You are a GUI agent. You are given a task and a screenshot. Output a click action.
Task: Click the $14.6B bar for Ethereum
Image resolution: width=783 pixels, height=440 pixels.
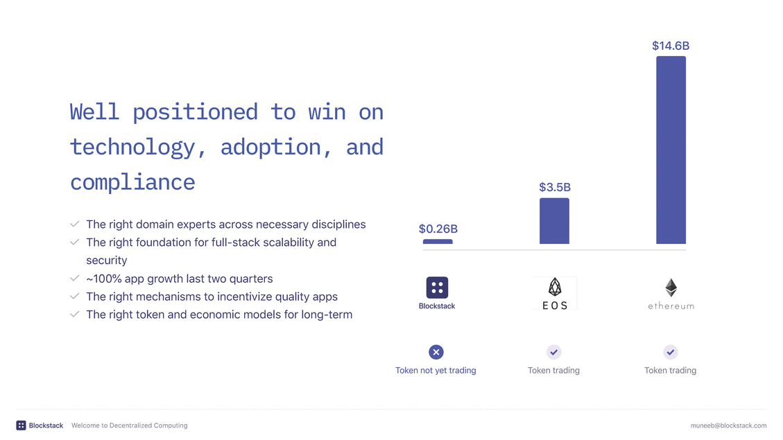[x=671, y=150]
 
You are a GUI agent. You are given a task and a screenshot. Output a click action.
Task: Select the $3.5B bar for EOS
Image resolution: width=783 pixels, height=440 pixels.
[x=554, y=221]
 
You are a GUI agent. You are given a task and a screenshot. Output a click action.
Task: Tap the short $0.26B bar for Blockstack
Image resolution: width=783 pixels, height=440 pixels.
[x=438, y=241]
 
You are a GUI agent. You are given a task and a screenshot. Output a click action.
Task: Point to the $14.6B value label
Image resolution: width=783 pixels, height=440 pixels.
[x=671, y=46]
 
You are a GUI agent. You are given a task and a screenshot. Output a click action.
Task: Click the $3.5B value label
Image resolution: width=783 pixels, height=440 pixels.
[x=555, y=187]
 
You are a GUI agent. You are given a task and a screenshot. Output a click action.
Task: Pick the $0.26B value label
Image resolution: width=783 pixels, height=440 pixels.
[x=438, y=229]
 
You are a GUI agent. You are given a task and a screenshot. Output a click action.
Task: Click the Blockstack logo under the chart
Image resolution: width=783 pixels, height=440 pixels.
[x=437, y=288]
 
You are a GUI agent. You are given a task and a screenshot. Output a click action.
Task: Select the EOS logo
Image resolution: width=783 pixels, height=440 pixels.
[x=555, y=293]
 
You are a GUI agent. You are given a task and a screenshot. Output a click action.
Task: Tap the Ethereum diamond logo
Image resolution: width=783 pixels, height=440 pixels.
[x=671, y=288]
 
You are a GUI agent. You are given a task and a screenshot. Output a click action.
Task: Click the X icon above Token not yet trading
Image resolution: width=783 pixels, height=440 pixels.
[x=436, y=352]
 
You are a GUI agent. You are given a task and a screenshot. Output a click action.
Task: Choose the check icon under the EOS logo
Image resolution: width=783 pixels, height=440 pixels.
[x=554, y=352]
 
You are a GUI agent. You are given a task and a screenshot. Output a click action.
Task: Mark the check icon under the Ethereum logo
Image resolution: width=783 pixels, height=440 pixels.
[x=671, y=352]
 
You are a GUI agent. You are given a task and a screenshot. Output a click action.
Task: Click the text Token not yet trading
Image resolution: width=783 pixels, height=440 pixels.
[x=436, y=370]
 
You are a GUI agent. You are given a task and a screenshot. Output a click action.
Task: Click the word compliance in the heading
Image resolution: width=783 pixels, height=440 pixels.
[x=132, y=183]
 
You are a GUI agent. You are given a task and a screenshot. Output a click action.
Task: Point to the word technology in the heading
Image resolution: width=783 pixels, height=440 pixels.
[x=132, y=148]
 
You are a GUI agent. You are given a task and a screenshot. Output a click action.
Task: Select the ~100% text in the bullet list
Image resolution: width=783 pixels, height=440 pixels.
[x=104, y=279]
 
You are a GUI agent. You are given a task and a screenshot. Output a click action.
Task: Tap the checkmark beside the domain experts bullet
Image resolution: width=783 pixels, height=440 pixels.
[x=74, y=224]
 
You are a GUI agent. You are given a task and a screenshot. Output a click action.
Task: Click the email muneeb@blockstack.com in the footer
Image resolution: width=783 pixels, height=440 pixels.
[x=729, y=425]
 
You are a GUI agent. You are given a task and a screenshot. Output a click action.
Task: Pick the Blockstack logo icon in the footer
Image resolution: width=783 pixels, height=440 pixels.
[x=21, y=425]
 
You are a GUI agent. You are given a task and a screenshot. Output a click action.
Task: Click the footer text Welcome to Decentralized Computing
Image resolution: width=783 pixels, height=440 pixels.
[x=129, y=425]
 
